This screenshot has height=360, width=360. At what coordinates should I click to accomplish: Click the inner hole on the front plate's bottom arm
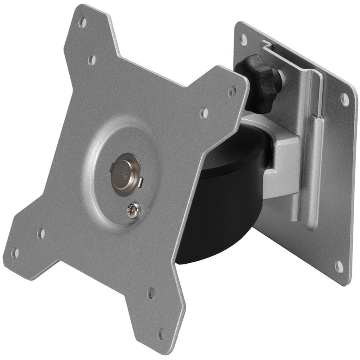[151, 293]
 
